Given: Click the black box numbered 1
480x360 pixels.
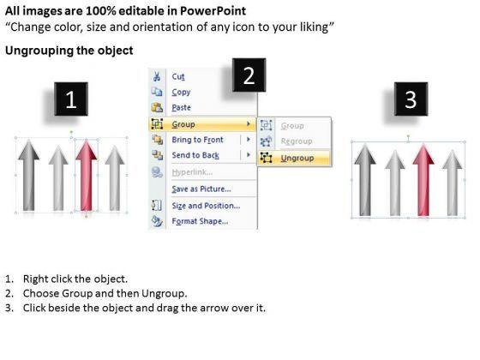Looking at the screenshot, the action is [x=71, y=99].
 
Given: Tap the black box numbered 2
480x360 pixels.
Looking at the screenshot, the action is [x=249, y=75].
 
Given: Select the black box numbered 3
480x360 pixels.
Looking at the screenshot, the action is [x=411, y=99].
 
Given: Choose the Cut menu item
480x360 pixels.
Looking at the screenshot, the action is [x=178, y=76].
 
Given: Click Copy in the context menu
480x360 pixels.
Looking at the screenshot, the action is [x=181, y=93].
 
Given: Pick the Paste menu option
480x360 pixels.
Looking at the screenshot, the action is [x=181, y=107].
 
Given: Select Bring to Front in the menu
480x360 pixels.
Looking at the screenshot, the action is [x=197, y=140].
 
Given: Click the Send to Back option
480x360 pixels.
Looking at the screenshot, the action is [x=195, y=155].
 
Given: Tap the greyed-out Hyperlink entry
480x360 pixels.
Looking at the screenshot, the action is [x=192, y=172].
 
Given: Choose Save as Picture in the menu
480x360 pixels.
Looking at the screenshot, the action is [x=201, y=189].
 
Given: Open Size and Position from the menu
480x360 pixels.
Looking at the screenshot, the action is [x=206, y=206].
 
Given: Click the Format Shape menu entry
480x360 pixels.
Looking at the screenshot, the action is [x=200, y=221].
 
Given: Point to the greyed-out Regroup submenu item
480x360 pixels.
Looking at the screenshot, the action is [x=297, y=141].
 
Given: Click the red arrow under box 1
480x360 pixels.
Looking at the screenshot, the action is [x=87, y=176].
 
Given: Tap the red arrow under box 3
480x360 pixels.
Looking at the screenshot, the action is [x=423, y=180].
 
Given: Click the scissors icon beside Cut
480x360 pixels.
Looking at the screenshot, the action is [x=157, y=76].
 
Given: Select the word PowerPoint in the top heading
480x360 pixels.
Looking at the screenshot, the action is [x=213, y=11].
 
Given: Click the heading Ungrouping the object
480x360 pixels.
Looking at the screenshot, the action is [x=69, y=51].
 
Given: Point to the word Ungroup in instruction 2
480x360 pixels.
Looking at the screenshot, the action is [x=163, y=293].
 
